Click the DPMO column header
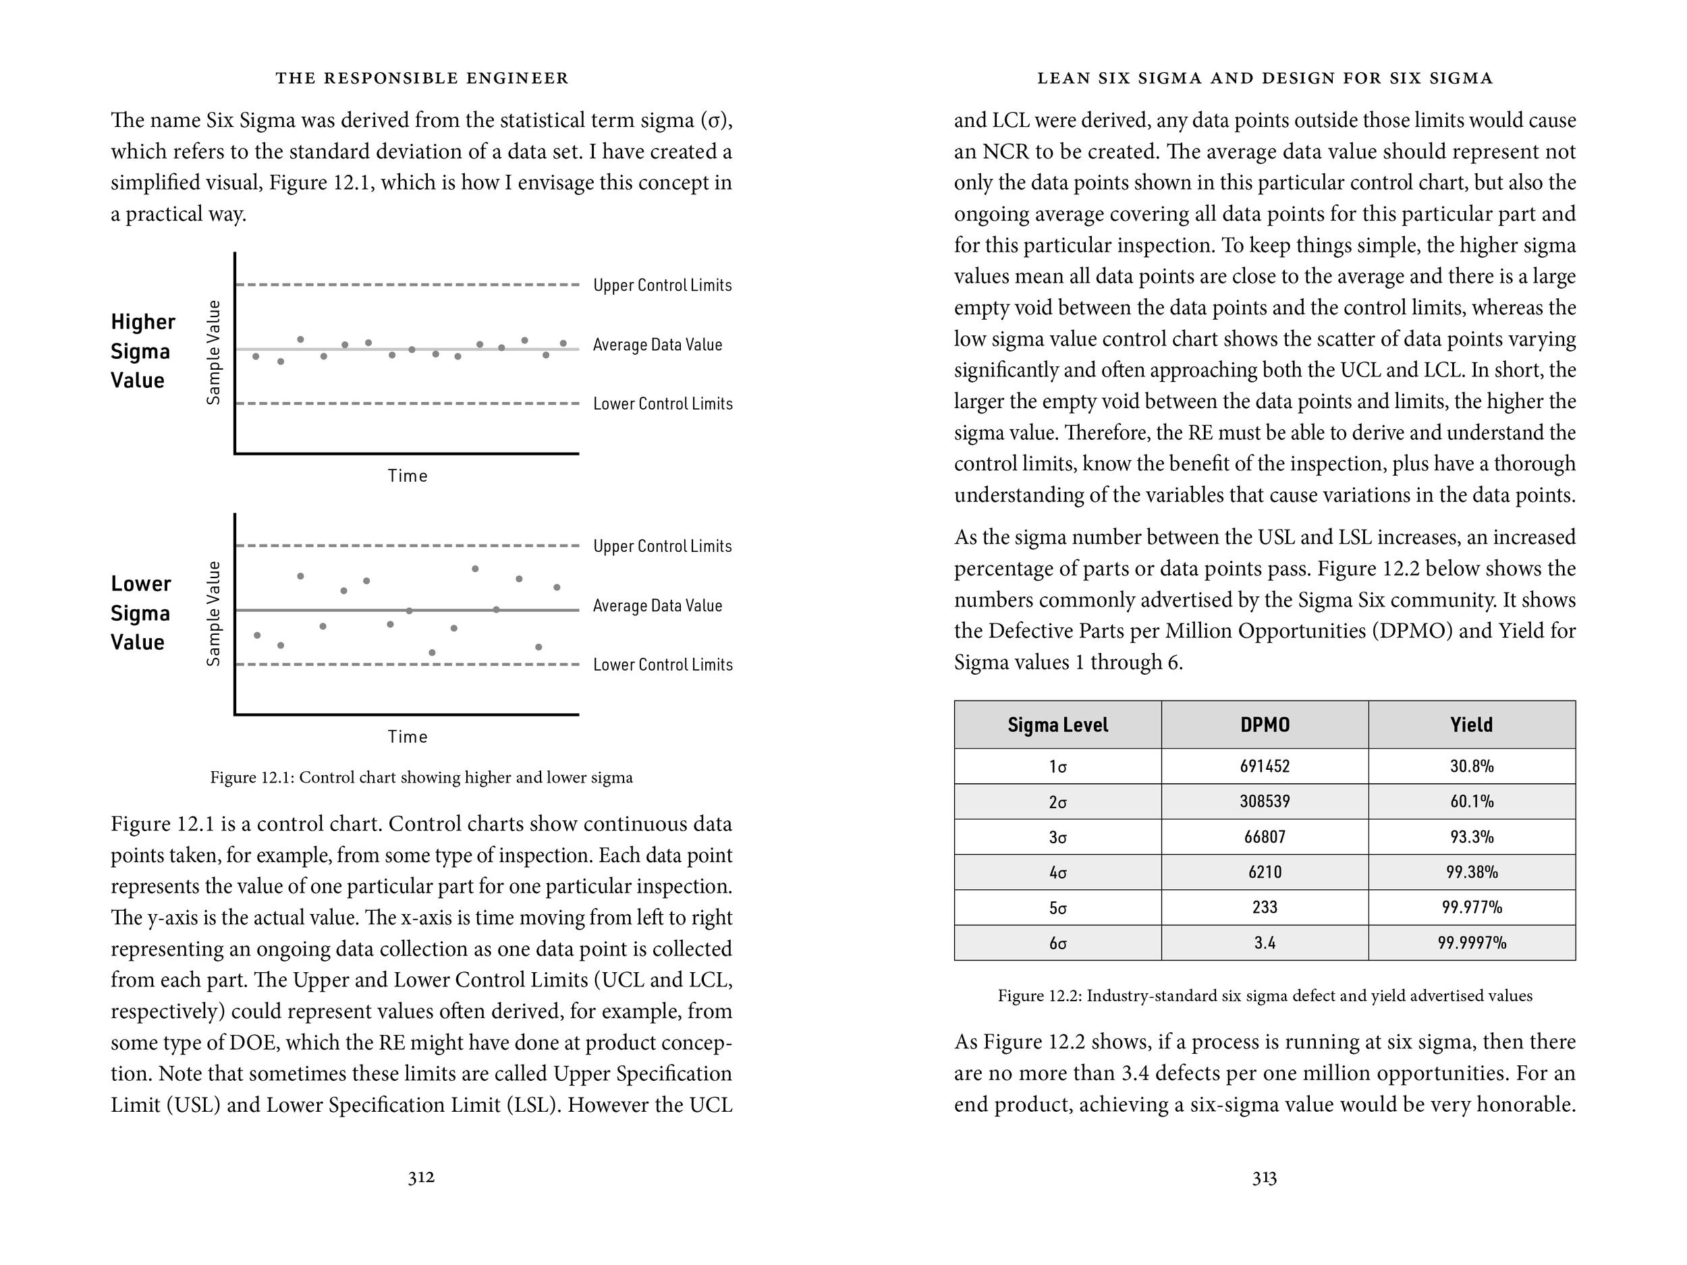click(1265, 725)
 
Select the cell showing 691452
click(1265, 766)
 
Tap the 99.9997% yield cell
click(1471, 943)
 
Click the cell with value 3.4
click(1265, 943)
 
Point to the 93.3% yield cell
click(1471, 837)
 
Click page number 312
click(421, 1177)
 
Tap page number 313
click(1264, 1178)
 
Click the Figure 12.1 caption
click(421, 777)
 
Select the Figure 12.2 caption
click(1265, 995)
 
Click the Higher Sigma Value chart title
click(142, 351)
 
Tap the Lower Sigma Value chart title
click(140, 613)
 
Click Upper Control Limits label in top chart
click(662, 285)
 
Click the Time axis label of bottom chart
click(408, 737)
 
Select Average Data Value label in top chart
click(657, 345)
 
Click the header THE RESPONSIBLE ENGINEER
click(422, 78)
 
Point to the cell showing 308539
click(1265, 802)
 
